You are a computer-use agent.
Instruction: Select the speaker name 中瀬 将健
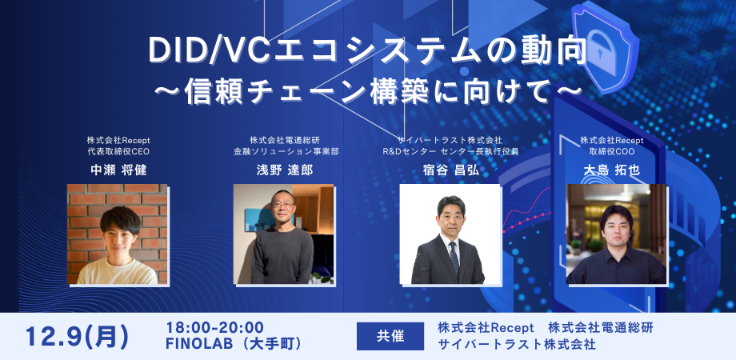(118, 170)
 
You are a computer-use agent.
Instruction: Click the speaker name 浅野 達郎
(286, 170)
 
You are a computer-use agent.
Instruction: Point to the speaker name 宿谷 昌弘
(451, 170)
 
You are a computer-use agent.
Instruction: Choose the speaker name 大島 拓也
(612, 170)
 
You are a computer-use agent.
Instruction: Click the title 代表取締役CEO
(118, 151)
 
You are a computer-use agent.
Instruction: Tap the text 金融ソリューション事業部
(286, 151)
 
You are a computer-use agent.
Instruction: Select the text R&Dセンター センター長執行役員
(450, 151)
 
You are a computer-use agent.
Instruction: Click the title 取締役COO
(612, 151)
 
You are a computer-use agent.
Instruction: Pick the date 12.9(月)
(78, 337)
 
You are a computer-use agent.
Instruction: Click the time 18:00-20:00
(215, 327)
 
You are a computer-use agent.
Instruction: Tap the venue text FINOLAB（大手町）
(234, 344)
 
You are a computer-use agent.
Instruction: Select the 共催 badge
(390, 336)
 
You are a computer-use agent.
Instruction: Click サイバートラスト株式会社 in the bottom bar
(517, 345)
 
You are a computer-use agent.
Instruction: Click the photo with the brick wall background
(118, 234)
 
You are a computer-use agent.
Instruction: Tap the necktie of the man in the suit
(454, 258)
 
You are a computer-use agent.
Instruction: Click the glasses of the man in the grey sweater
(283, 205)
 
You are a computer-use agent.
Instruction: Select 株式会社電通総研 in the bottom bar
(601, 327)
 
